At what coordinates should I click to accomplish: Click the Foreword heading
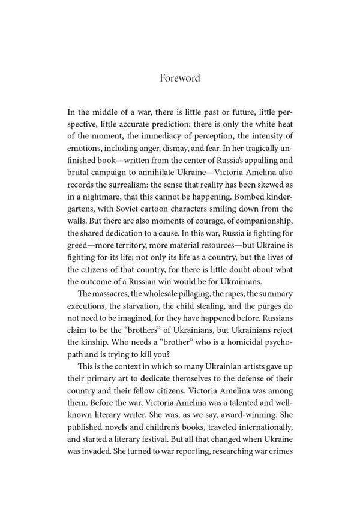click(x=179, y=79)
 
